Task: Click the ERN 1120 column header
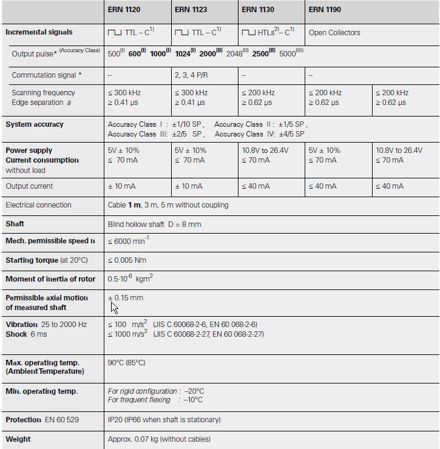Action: [124, 10]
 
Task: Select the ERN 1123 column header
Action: [191, 10]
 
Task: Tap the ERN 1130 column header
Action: [257, 10]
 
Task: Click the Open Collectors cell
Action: [334, 33]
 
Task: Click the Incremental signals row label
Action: [39, 32]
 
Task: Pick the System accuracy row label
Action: [35, 124]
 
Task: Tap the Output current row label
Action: [29, 186]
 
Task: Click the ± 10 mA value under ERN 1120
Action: [122, 186]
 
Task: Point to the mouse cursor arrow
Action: [113, 307]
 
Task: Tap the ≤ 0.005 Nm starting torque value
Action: [127, 260]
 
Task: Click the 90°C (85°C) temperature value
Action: [126, 363]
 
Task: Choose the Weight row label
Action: [18, 439]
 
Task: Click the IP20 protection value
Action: [164, 420]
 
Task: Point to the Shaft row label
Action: [15, 224]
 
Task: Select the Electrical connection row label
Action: [38, 205]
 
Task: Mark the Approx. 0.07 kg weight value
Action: [159, 439]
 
